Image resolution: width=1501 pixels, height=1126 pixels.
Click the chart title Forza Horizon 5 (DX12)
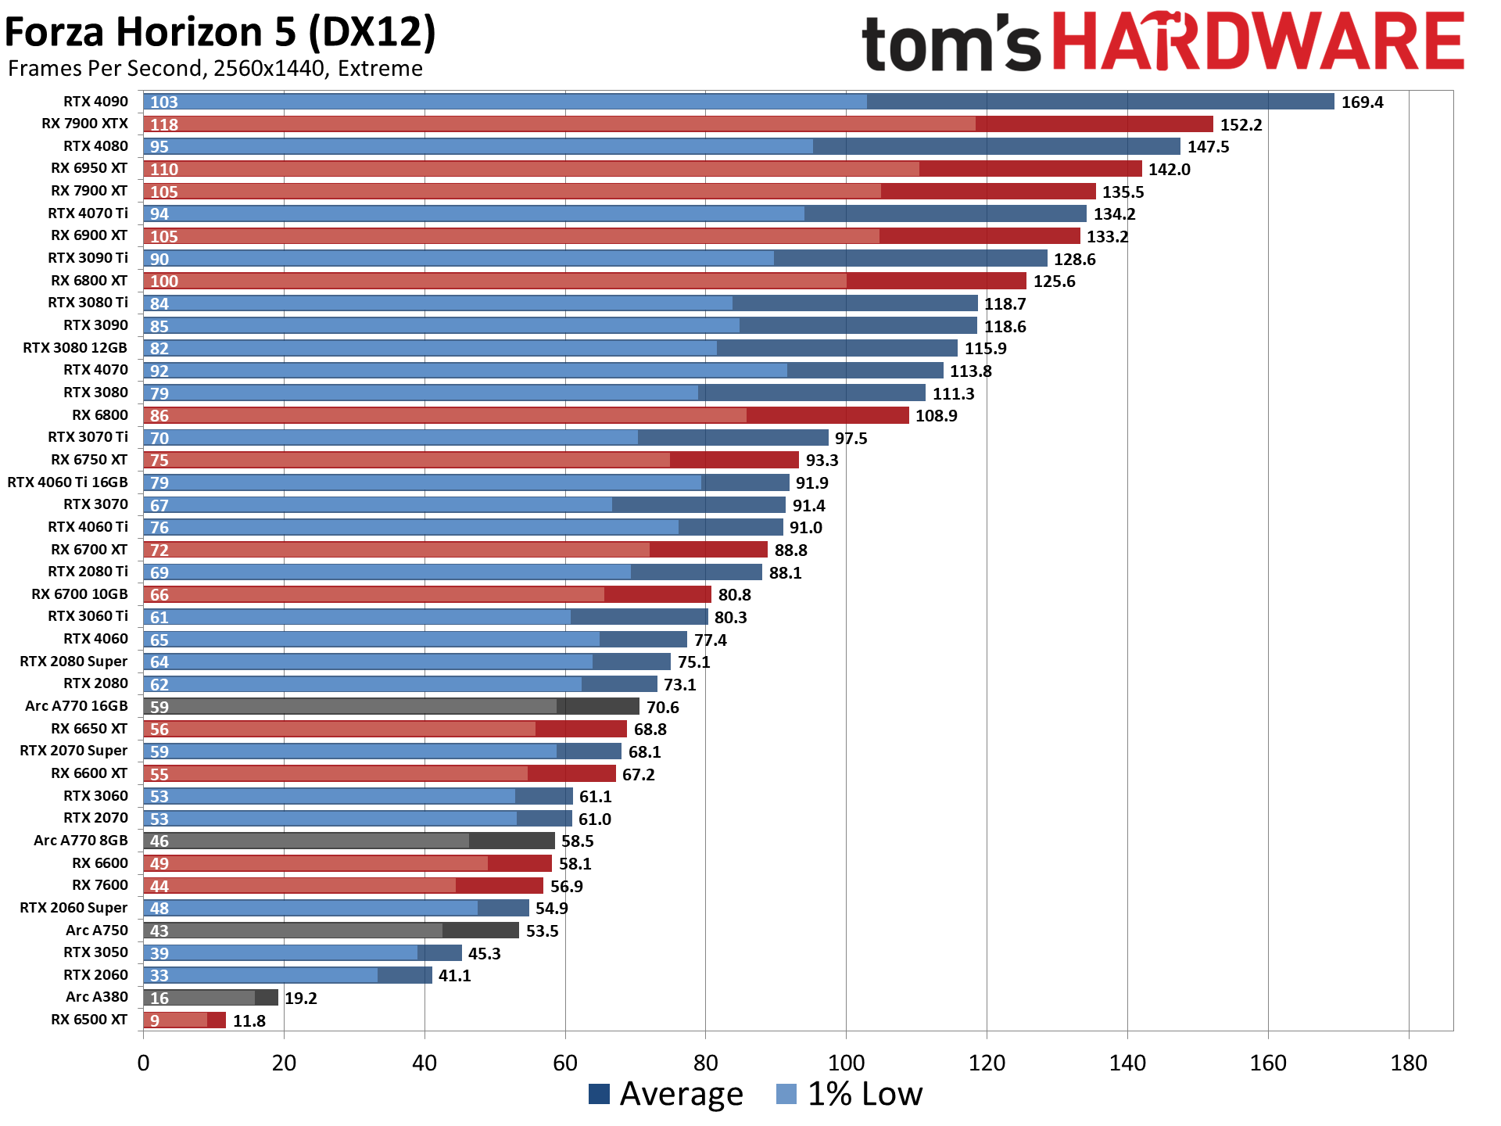(220, 33)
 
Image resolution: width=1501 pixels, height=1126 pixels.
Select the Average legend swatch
(599, 1094)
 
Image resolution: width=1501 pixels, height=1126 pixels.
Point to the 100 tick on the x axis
(846, 1063)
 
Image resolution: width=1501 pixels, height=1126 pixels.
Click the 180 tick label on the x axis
(1408, 1063)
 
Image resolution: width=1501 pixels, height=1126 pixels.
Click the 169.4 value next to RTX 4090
(1362, 102)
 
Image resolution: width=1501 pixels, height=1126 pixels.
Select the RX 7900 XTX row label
(84, 124)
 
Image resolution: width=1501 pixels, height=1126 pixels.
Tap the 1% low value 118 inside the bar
(164, 125)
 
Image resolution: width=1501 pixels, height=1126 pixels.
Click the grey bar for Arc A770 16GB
(391, 707)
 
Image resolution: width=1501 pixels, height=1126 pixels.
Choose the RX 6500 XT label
(88, 1020)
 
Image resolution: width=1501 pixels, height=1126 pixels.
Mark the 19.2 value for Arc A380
(300, 999)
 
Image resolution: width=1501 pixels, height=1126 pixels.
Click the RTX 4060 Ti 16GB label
(67, 482)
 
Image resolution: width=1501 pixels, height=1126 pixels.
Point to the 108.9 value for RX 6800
(936, 416)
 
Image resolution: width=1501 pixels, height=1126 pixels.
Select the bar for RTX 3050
(303, 953)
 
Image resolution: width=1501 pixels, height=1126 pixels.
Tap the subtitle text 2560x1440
(268, 69)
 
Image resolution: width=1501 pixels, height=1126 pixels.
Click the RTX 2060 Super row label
(73, 908)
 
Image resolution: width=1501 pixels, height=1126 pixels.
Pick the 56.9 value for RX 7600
(566, 887)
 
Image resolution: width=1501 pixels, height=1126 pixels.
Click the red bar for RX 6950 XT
(641, 169)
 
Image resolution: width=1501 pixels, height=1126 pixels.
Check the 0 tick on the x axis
(143, 1063)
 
